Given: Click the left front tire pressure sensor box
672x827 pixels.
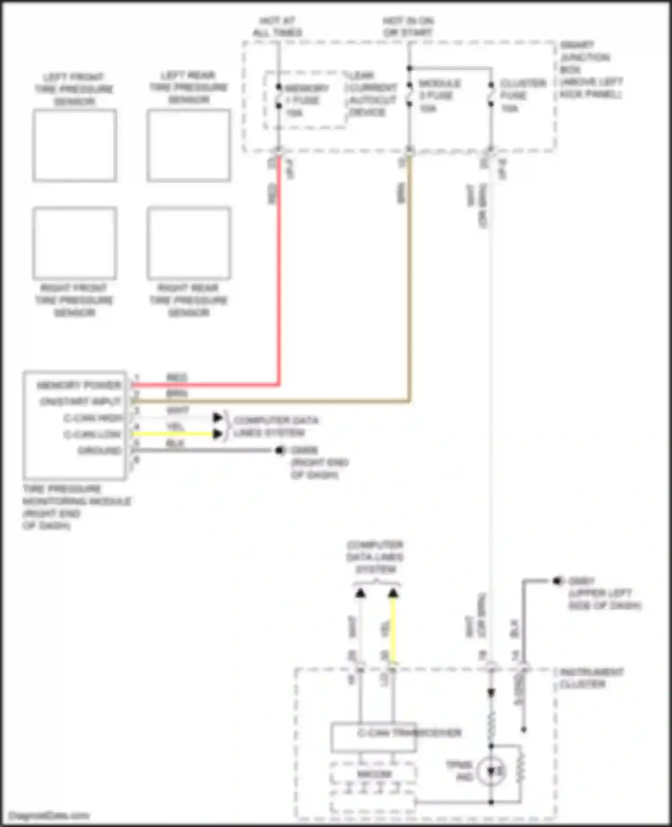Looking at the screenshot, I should (74, 146).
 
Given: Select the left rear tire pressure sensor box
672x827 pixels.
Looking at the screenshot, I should (189, 146).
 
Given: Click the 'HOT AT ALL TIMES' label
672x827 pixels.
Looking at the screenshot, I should (277, 26).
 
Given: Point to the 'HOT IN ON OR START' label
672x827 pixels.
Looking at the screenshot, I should (408, 26).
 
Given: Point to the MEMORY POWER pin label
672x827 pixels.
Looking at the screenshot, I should (79, 385).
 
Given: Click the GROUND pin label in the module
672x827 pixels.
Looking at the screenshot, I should (99, 450).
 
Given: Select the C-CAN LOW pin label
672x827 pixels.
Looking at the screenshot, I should (92, 434).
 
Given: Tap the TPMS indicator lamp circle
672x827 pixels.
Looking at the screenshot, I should (491, 771).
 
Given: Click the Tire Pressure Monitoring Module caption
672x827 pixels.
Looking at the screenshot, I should (76, 507).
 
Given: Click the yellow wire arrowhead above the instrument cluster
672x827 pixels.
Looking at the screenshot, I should (393, 594).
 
